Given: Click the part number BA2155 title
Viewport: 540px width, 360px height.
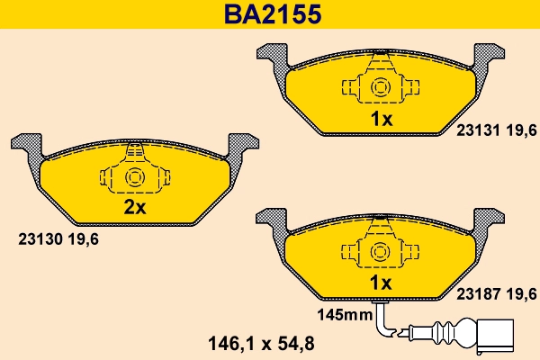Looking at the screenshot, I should pyautogui.click(x=269, y=15).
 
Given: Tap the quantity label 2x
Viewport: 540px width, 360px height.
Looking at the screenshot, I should pyautogui.click(x=134, y=208).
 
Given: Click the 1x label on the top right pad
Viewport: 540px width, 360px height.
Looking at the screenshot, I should pyautogui.click(x=382, y=119).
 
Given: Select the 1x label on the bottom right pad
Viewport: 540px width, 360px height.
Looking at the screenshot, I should pyautogui.click(x=382, y=283).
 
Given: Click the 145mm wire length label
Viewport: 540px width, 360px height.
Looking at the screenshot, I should pyautogui.click(x=344, y=315).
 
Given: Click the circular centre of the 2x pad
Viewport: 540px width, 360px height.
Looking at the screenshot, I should pyautogui.click(x=135, y=176).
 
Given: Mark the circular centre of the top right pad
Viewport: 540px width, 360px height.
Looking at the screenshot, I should pyautogui.click(x=382, y=87).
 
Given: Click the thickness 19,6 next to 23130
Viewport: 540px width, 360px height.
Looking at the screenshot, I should pyautogui.click(x=85, y=238).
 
